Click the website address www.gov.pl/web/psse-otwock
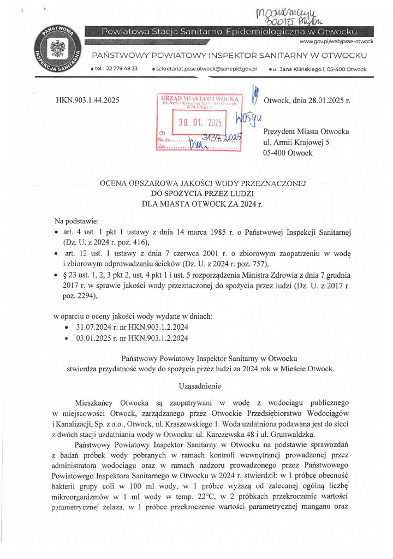coord(336,42)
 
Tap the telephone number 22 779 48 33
coord(122,69)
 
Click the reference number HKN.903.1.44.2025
coord(88,100)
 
